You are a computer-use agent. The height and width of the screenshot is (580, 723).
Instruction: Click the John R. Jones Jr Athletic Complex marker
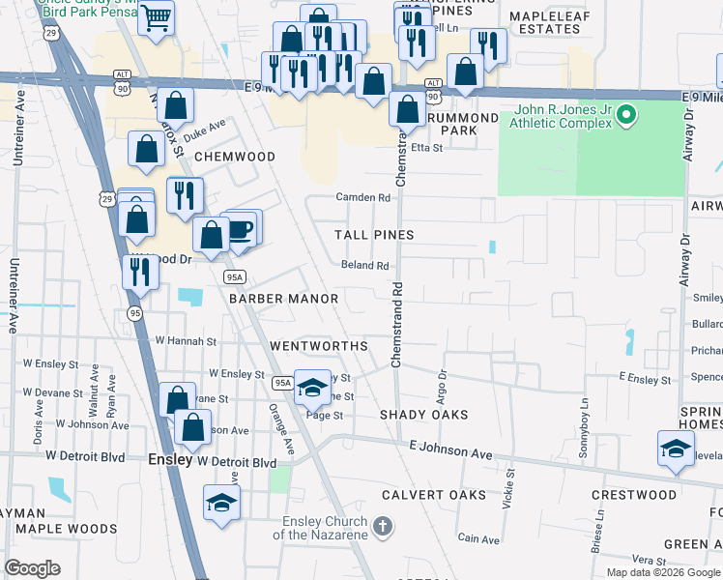[626, 117]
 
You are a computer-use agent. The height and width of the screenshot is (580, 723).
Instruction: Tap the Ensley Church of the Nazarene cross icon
[383, 527]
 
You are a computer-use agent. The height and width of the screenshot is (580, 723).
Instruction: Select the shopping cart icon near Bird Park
[156, 16]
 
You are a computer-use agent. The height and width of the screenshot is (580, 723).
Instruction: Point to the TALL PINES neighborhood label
[374, 235]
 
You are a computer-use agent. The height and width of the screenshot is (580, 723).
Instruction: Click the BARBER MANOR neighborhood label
[283, 299]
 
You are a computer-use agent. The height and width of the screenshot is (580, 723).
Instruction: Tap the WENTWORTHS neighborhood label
[318, 345]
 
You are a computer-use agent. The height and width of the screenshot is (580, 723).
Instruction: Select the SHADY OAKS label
[423, 414]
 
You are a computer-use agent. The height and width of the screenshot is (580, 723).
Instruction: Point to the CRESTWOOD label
[635, 494]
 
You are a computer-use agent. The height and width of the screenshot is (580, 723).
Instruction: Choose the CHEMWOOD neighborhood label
[235, 156]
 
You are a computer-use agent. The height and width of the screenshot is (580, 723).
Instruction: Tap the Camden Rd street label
[362, 197]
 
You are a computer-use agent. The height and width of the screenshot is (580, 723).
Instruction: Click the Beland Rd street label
[365, 265]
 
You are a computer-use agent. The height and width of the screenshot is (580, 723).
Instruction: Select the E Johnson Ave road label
[450, 449]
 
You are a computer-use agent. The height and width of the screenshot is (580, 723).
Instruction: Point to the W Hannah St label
[186, 341]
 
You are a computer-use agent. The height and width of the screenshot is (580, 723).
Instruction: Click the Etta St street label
[426, 148]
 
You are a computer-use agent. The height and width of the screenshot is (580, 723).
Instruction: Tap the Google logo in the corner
[33, 567]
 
